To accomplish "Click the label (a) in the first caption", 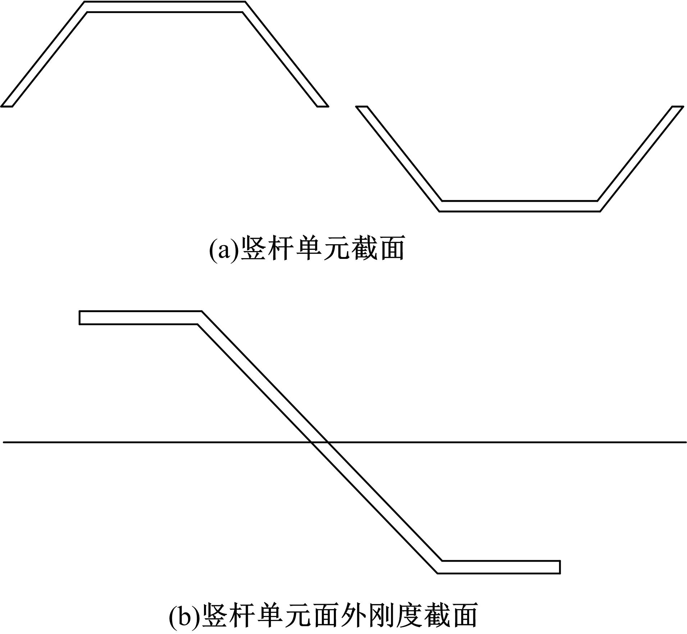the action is (224, 248).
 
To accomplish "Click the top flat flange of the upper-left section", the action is (165, 7).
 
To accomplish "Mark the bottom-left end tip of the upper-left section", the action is (6, 106).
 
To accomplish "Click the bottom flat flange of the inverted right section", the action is (520, 206).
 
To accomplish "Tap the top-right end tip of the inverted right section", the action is (678, 106).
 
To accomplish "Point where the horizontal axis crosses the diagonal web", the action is (319, 442).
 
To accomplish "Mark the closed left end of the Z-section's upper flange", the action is (79, 318).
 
